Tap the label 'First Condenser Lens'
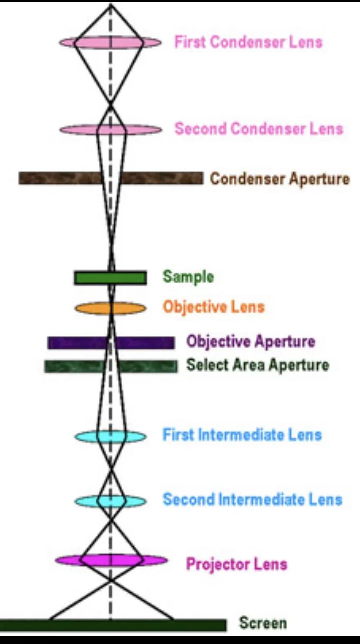pos(248,42)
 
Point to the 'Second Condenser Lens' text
pos(259,128)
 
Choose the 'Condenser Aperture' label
pos(280,179)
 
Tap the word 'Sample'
pos(188,277)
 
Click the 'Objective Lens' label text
pos(214,307)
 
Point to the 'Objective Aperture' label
pos(251,341)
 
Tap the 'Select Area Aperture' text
pos(257,365)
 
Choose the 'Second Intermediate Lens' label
pos(252,499)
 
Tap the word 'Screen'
pos(263,623)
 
